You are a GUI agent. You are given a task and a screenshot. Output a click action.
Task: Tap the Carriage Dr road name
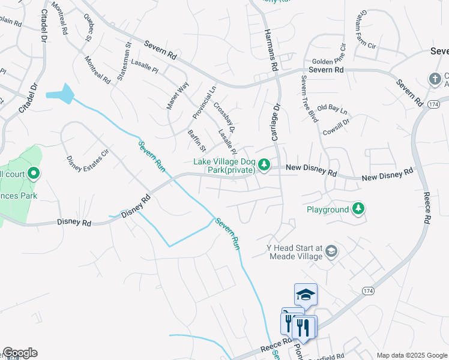pyautogui.click(x=277, y=122)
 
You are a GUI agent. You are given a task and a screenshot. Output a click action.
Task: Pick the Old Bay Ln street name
pyautogui.click(x=332, y=110)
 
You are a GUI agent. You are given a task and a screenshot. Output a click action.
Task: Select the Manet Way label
pyautogui.click(x=177, y=95)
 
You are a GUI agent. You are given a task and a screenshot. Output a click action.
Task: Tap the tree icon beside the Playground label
pyautogui.click(x=358, y=208)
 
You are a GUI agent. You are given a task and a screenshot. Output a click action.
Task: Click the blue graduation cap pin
pyautogui.click(x=306, y=295)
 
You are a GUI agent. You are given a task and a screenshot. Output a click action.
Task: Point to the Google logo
pyautogui.click(x=20, y=353)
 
